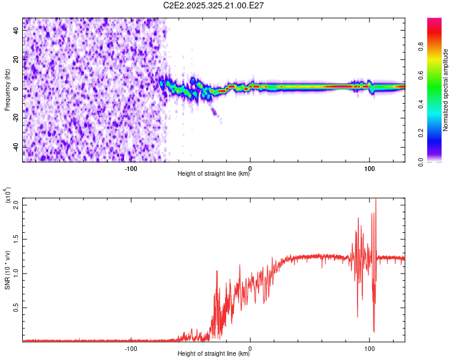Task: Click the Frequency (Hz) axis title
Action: pos(7,90)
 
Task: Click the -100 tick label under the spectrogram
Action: pos(131,167)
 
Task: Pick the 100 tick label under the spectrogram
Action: pos(370,167)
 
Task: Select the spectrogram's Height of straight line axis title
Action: pos(214,174)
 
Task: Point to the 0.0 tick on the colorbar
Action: pos(438,161)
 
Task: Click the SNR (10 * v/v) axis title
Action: pos(8,269)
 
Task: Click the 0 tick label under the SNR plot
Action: pos(250,347)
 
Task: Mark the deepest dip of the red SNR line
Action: pos(374,331)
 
